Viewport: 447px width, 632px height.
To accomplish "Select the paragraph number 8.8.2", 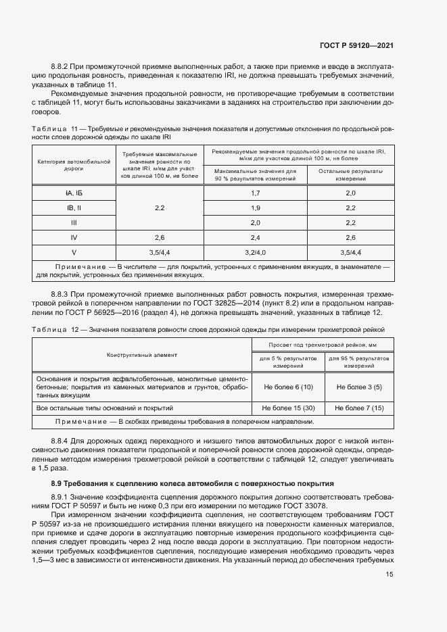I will coord(62,66).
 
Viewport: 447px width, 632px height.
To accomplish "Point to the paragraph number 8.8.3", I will coord(62,295).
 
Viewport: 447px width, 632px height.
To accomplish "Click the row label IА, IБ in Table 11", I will coord(74,193).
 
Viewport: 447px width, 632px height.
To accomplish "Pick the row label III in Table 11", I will coord(74,222).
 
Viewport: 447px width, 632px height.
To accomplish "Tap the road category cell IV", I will coord(74,237).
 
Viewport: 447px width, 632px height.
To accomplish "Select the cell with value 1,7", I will coord(256,193).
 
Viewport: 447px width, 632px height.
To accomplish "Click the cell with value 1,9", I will coord(256,208).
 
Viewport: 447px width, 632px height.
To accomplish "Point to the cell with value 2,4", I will coord(256,237).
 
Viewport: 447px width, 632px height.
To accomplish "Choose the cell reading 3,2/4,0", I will coord(256,252).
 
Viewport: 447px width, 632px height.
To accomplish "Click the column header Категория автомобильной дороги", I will coord(74,165).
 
